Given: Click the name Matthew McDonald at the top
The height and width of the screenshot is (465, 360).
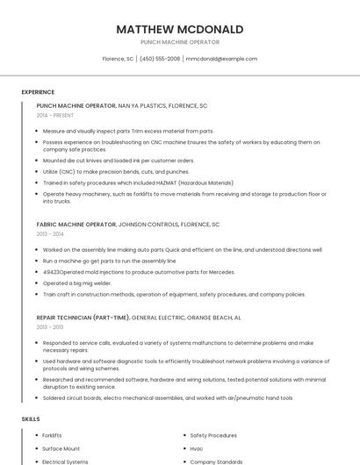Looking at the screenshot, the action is click(179, 30).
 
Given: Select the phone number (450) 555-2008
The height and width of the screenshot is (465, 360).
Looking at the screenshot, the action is click(160, 59).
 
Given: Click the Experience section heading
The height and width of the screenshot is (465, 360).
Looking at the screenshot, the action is click(38, 92).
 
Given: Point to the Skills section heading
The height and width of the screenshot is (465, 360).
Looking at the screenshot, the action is click(31, 419).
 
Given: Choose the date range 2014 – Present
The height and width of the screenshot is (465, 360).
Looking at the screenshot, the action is click(55, 115).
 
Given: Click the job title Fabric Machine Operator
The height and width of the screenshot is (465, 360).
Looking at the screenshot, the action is click(76, 225).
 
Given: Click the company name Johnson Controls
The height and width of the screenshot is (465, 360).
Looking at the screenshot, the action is click(151, 225).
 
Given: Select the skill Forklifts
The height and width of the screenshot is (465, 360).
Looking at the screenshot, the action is click(52, 435).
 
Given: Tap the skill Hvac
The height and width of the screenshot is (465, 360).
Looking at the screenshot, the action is click(197, 448).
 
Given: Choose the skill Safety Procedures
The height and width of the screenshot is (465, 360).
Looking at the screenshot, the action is click(213, 435).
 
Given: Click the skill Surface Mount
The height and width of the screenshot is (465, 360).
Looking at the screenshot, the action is click(61, 448).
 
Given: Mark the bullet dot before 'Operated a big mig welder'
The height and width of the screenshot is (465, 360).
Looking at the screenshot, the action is click(38, 283).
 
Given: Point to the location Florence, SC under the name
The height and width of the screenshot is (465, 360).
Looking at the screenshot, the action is click(118, 59).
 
